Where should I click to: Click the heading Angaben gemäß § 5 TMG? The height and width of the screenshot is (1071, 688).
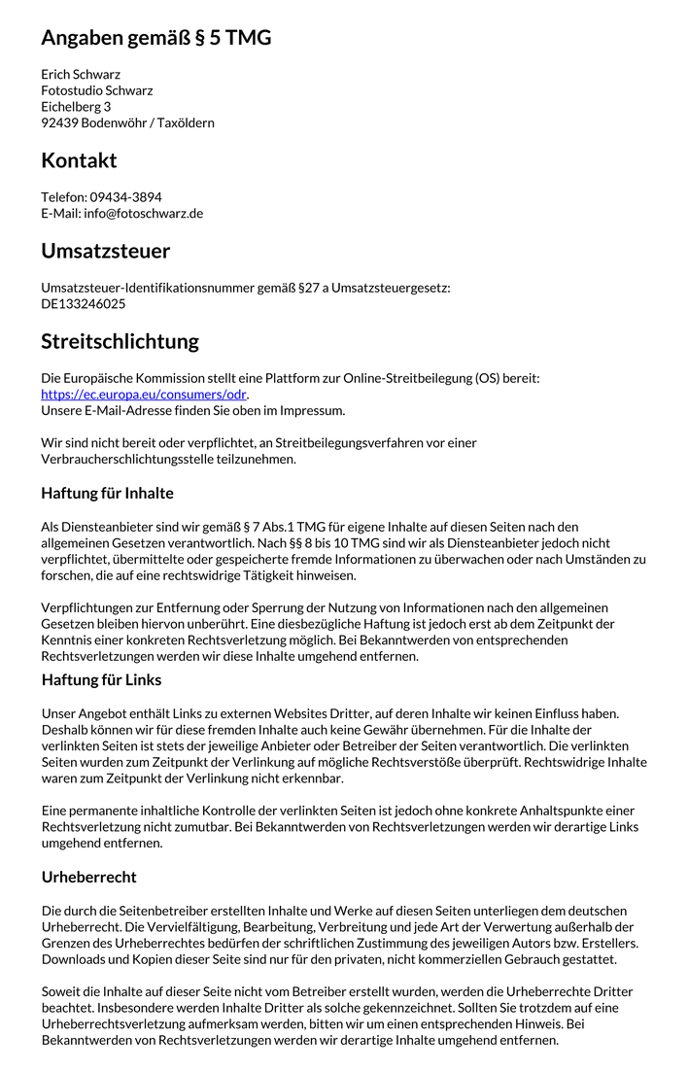tap(156, 38)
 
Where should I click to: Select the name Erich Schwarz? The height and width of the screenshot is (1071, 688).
tap(81, 74)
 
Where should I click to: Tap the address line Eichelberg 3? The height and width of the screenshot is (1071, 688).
tap(76, 107)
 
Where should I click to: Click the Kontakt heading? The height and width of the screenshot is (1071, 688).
tap(79, 160)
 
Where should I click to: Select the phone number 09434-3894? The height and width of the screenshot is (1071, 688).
tap(126, 197)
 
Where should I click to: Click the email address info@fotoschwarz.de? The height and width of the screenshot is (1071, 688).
tap(143, 214)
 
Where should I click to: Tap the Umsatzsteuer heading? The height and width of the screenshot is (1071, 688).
tap(105, 251)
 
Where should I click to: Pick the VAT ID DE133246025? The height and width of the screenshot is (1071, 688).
tap(83, 304)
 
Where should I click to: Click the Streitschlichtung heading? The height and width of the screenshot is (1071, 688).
tap(120, 341)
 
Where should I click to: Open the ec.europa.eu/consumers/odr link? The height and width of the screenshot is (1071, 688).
tap(143, 395)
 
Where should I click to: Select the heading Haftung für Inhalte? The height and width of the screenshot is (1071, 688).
tap(107, 494)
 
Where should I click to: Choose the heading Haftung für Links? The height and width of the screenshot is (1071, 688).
tap(101, 679)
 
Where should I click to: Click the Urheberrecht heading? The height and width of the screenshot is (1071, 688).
tap(88, 877)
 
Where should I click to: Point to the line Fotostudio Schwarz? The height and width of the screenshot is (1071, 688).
tap(96, 90)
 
